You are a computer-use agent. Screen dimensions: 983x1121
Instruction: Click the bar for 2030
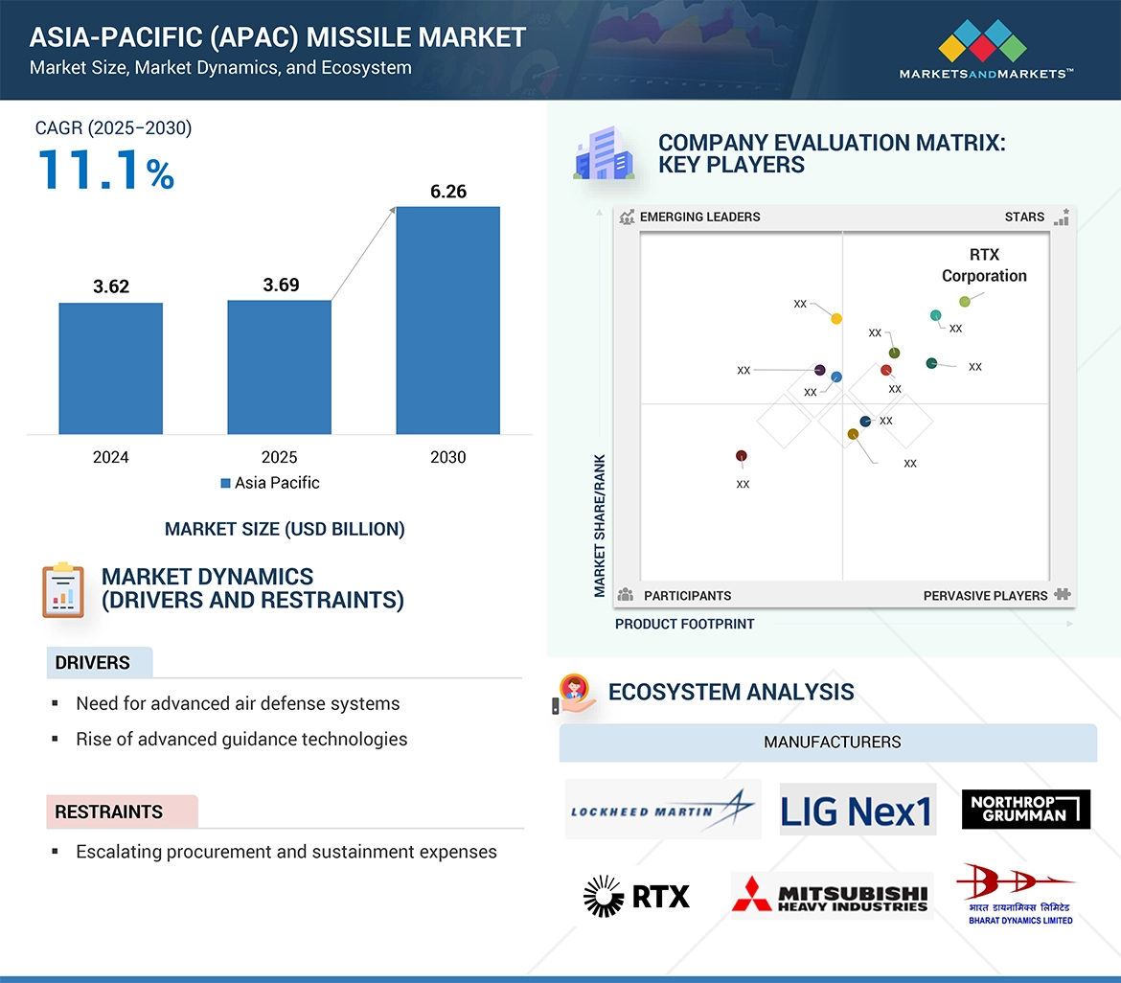point(447,321)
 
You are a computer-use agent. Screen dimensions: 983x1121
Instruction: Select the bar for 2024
point(111,369)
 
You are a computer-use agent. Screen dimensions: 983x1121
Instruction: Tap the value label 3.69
point(281,285)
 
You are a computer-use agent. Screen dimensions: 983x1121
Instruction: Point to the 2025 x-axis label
point(280,457)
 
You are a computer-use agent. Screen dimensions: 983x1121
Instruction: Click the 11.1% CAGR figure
point(106,170)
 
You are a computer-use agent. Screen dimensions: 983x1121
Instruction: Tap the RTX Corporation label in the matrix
point(984,265)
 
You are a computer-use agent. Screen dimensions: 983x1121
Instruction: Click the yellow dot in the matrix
point(836,319)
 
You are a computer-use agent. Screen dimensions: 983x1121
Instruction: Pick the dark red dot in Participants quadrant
point(741,456)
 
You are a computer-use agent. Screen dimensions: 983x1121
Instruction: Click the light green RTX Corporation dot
point(965,301)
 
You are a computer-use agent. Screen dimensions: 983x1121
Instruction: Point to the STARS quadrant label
point(1024,217)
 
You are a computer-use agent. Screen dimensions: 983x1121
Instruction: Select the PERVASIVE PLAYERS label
point(985,596)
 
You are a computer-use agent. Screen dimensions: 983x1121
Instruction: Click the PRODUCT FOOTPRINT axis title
point(685,624)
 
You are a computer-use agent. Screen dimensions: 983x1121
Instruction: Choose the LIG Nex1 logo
point(857,811)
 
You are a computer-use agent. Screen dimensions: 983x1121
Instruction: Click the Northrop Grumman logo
point(1026,810)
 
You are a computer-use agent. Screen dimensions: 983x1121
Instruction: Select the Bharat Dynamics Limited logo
point(1018,893)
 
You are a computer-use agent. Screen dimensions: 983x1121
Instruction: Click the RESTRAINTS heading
point(109,812)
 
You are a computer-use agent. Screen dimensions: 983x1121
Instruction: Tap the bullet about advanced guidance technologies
point(241,739)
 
